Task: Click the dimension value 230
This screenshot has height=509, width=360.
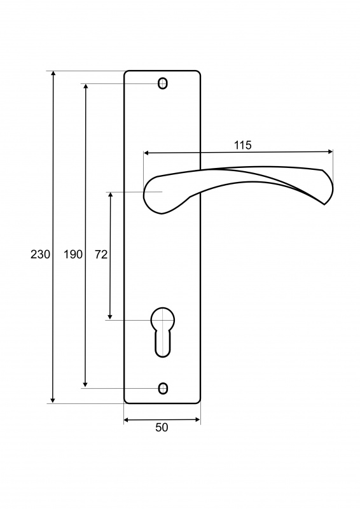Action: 40,254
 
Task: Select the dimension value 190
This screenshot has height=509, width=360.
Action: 73,254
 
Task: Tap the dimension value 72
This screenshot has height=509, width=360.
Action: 101,254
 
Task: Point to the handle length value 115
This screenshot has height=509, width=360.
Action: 243,145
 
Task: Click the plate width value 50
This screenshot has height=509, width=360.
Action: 162,428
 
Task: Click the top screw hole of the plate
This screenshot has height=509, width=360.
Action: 163,83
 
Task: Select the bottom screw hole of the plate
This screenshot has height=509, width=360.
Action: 163,388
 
